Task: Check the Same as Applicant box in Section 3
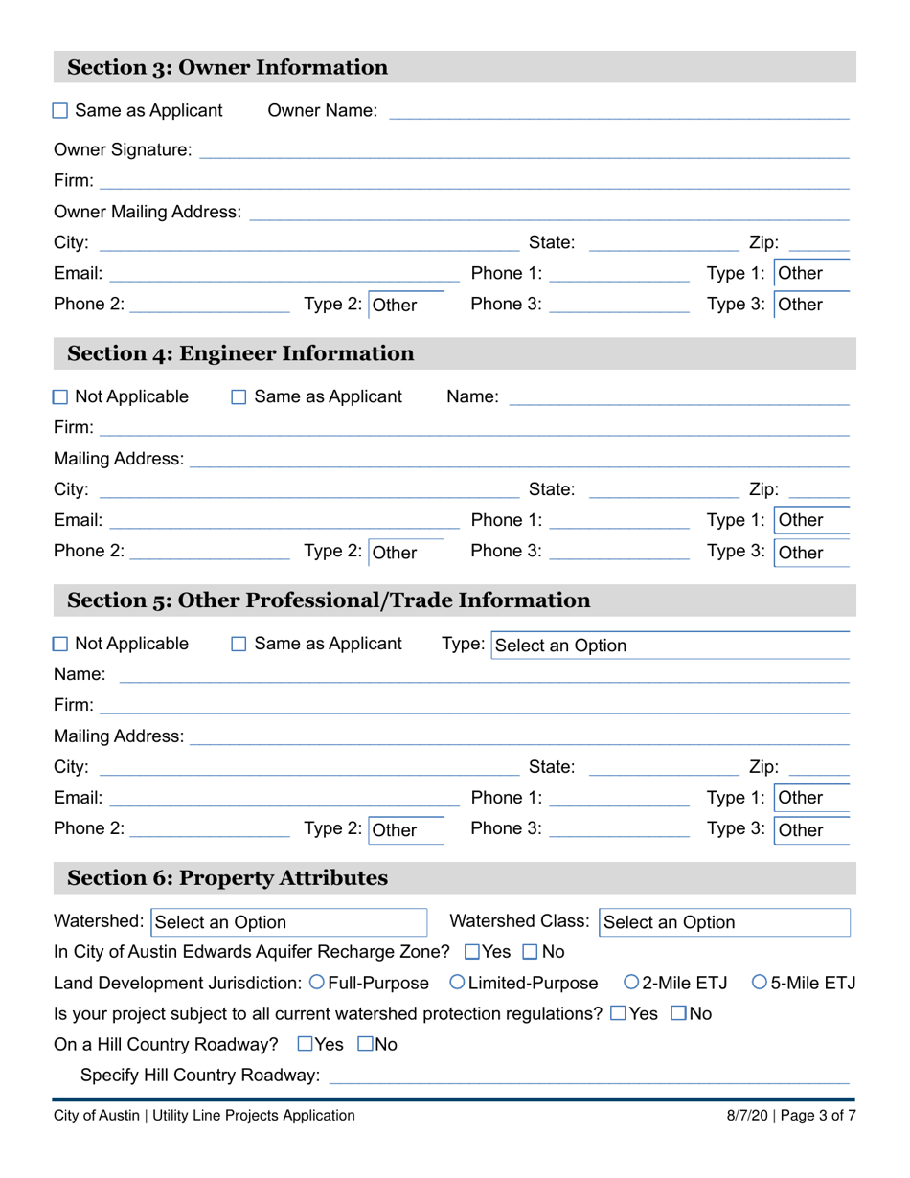click(60, 111)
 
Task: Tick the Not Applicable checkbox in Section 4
click(60, 396)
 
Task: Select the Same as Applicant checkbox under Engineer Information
click(239, 396)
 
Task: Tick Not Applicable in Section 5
click(60, 645)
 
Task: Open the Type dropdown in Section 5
click(670, 646)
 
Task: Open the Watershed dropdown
click(288, 922)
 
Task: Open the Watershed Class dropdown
click(724, 922)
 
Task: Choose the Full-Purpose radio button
click(317, 982)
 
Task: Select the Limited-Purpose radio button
click(457, 982)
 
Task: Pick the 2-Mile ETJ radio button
click(631, 982)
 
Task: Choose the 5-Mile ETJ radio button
click(760, 982)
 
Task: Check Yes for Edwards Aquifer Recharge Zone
click(472, 952)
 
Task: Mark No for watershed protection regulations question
click(679, 1012)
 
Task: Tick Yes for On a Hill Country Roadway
click(306, 1044)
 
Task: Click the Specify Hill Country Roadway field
click(588, 1076)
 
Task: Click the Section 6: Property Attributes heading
click(227, 878)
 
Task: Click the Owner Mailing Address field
click(549, 212)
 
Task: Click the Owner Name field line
click(618, 111)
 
